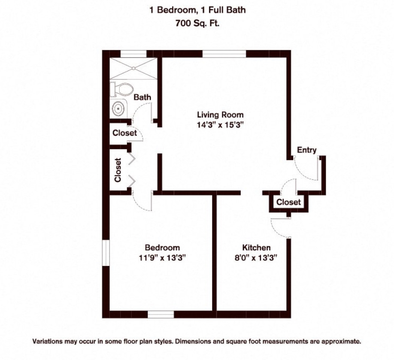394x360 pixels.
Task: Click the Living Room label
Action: pyautogui.click(x=220, y=115)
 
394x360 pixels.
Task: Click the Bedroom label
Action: pyautogui.click(x=162, y=248)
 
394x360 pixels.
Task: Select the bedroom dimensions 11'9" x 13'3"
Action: pyautogui.click(x=162, y=258)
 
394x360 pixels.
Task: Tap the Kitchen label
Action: pyautogui.click(x=256, y=248)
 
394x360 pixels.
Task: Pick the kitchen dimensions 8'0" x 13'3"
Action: pyautogui.click(x=256, y=258)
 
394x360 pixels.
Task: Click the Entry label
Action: pyautogui.click(x=306, y=150)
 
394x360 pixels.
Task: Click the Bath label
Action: pyautogui.click(x=142, y=97)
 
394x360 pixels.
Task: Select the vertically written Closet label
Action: pyautogui.click(x=118, y=170)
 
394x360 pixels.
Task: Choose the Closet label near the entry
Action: pyautogui.click(x=288, y=202)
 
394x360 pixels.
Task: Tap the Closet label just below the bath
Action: pyautogui.click(x=124, y=133)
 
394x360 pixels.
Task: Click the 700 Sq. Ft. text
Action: pyautogui.click(x=197, y=24)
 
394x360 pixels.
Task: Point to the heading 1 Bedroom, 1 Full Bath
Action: pyautogui.click(x=197, y=10)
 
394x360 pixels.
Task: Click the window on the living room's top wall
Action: pyautogui.click(x=224, y=54)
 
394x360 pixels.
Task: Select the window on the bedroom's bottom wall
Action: pyautogui.click(x=161, y=314)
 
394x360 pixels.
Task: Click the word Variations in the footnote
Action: pyautogui.click(x=49, y=342)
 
